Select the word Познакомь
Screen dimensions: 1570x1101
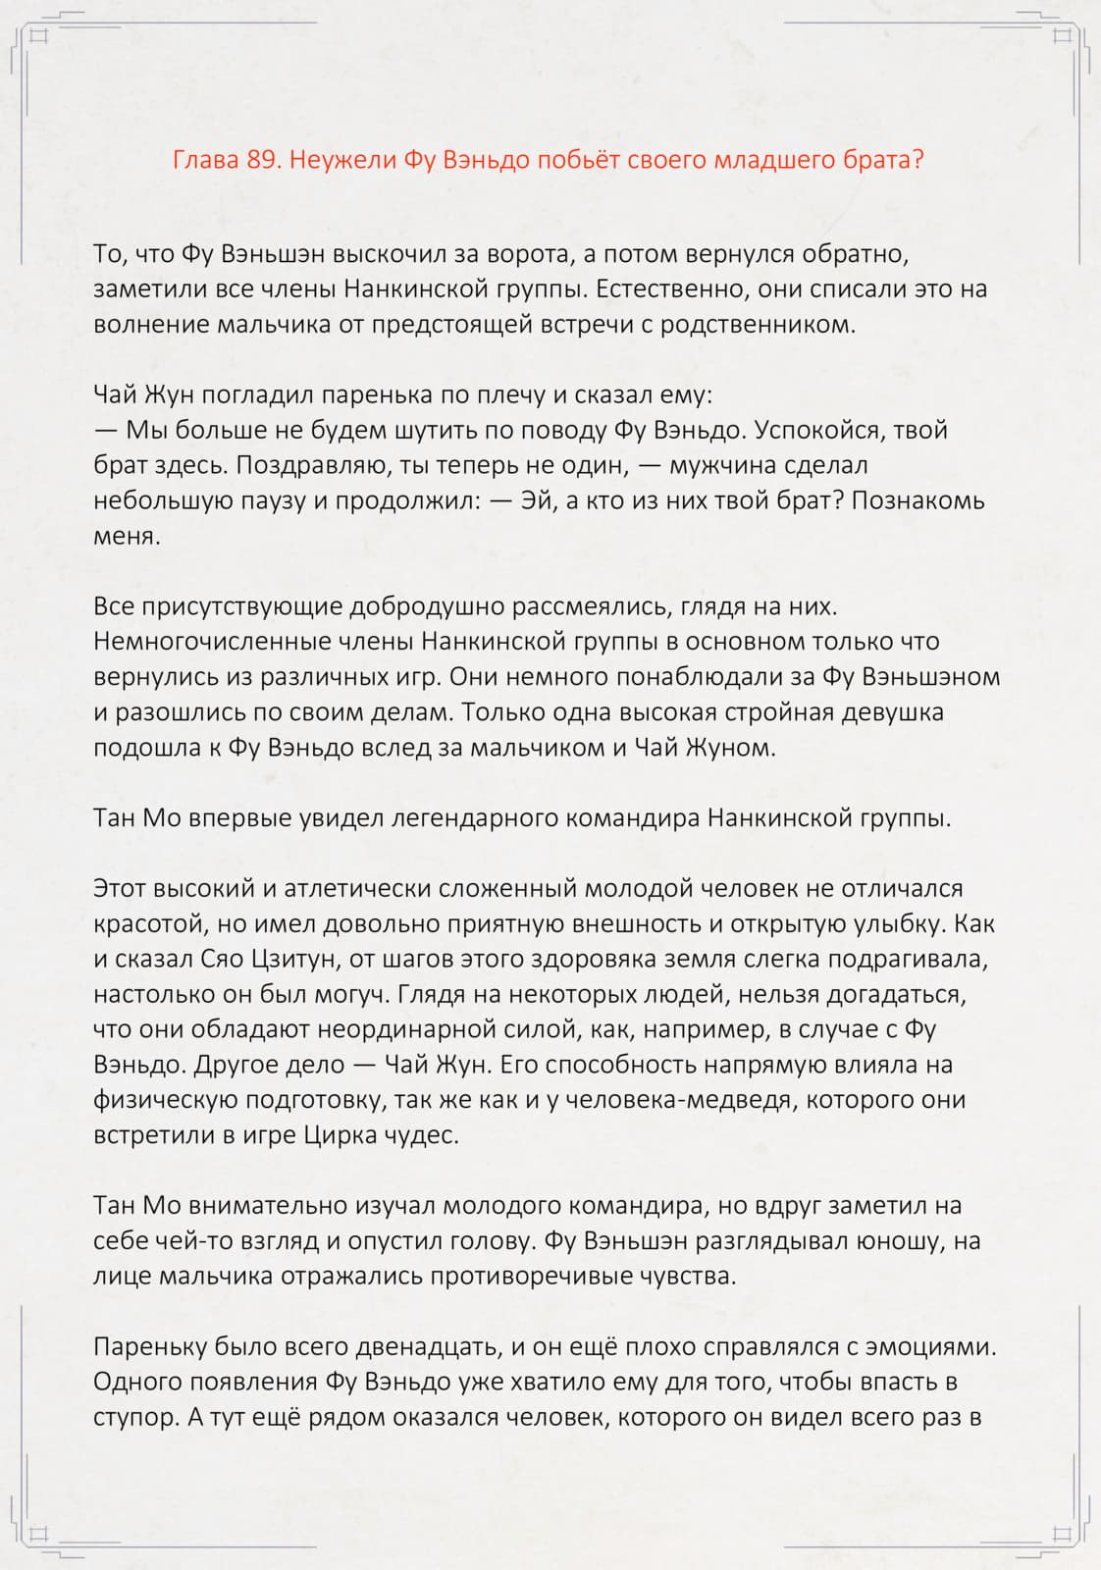917,500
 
